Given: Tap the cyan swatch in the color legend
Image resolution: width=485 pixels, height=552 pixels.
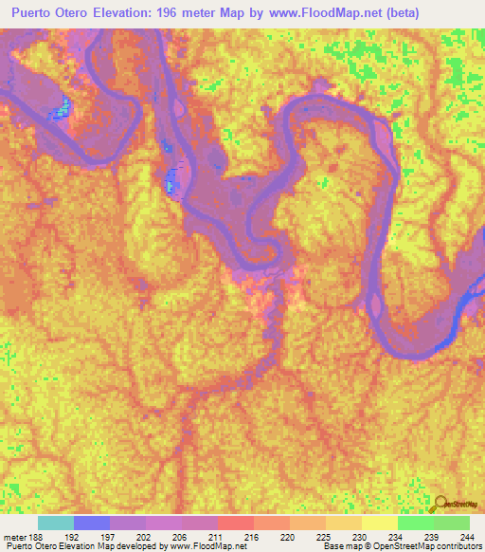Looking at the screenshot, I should pos(56,523).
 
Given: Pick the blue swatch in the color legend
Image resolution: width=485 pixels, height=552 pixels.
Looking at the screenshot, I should pos(92,523).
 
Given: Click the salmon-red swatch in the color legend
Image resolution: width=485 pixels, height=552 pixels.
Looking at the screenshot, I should pos(236,523).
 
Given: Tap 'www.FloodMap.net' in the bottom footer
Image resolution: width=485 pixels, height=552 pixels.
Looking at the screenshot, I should pos(201,546).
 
